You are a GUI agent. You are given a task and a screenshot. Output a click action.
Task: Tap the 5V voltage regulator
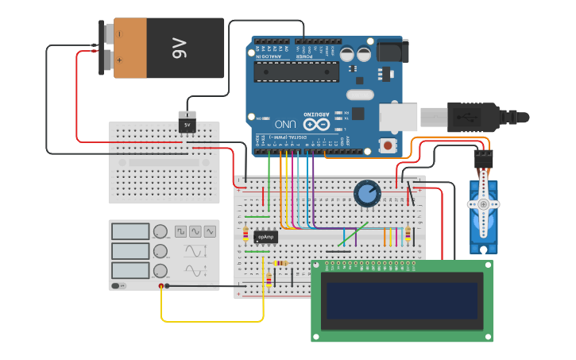(187, 125)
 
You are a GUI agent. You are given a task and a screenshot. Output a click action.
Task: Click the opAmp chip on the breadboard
(265, 236)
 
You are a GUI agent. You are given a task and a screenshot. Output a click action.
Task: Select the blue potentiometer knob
(367, 193)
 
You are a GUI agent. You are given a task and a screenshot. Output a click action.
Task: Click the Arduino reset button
(388, 145)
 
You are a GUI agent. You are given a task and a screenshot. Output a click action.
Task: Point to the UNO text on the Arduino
(286, 124)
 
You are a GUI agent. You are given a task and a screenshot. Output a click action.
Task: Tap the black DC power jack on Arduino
(389, 51)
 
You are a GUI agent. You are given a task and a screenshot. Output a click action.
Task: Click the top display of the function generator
(130, 231)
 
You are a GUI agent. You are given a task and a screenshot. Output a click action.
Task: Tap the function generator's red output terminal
(161, 285)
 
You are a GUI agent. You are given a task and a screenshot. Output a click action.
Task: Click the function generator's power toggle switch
(117, 285)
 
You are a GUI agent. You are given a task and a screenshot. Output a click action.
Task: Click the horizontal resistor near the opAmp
(280, 263)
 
